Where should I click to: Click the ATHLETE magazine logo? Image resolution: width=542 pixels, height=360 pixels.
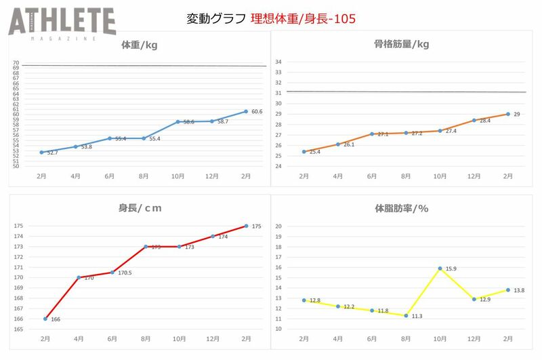coord(62,24)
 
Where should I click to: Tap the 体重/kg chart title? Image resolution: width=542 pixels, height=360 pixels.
coord(139,45)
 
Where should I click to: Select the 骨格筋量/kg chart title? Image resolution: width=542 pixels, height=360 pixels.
coord(401,45)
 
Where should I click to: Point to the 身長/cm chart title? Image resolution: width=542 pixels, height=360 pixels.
coord(141,207)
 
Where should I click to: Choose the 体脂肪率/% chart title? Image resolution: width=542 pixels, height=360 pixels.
coord(401,207)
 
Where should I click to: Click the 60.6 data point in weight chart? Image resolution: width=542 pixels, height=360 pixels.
coord(246,111)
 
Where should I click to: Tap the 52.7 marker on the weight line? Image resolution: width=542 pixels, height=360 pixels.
coord(42,152)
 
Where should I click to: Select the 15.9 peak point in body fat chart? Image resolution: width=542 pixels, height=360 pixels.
coord(440,268)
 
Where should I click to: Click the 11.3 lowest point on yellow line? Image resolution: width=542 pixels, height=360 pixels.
coord(406,315)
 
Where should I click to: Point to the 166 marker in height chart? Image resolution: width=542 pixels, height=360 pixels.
coord(45,319)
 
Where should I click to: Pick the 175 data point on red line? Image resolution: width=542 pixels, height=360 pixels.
coord(246,226)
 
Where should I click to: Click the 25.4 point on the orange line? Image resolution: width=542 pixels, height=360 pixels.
coord(304,152)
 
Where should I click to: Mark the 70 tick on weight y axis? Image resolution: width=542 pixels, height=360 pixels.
coord(16,63)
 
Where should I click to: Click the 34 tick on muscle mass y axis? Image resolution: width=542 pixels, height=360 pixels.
coord(278,62)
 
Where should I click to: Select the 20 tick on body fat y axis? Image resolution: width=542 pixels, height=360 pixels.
coord(278,226)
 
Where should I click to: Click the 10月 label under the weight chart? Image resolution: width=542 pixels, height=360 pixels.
coord(178,176)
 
